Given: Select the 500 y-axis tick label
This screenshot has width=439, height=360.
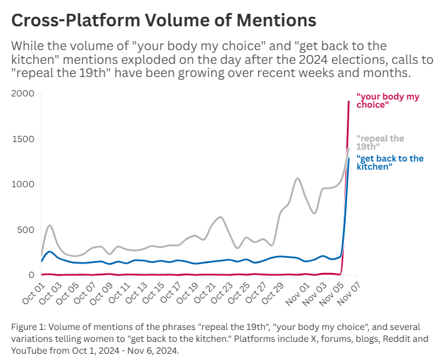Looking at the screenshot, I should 26,230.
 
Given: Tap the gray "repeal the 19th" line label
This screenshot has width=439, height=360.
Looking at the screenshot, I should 380,142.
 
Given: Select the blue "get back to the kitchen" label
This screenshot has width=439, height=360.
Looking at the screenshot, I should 390,163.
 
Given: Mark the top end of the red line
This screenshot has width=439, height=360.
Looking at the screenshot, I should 349,101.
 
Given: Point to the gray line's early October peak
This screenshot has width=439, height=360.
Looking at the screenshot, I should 49,225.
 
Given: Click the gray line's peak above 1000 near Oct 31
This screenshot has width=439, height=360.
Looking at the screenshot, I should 297,178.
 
